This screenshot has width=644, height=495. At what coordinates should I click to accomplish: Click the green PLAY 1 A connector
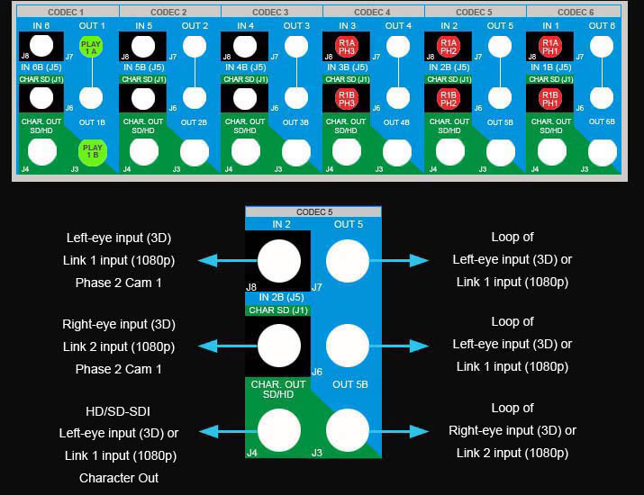click(89, 47)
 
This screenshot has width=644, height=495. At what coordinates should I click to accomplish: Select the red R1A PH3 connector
click(347, 47)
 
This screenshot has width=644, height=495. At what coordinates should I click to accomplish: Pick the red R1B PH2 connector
click(449, 98)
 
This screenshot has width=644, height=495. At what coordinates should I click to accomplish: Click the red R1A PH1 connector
click(550, 47)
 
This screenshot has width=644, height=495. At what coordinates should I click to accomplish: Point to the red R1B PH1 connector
click(550, 98)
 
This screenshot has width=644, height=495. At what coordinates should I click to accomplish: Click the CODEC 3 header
click(270, 12)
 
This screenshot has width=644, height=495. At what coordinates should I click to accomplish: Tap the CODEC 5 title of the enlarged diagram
click(313, 211)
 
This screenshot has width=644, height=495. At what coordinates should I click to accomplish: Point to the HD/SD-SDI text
click(119, 411)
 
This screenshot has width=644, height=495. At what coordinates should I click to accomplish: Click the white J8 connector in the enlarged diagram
click(279, 261)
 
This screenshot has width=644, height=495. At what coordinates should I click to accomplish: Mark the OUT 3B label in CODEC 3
click(295, 121)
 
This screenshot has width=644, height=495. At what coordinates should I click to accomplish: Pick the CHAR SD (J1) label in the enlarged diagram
click(278, 310)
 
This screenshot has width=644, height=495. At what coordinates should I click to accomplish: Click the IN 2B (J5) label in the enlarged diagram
click(278, 297)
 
